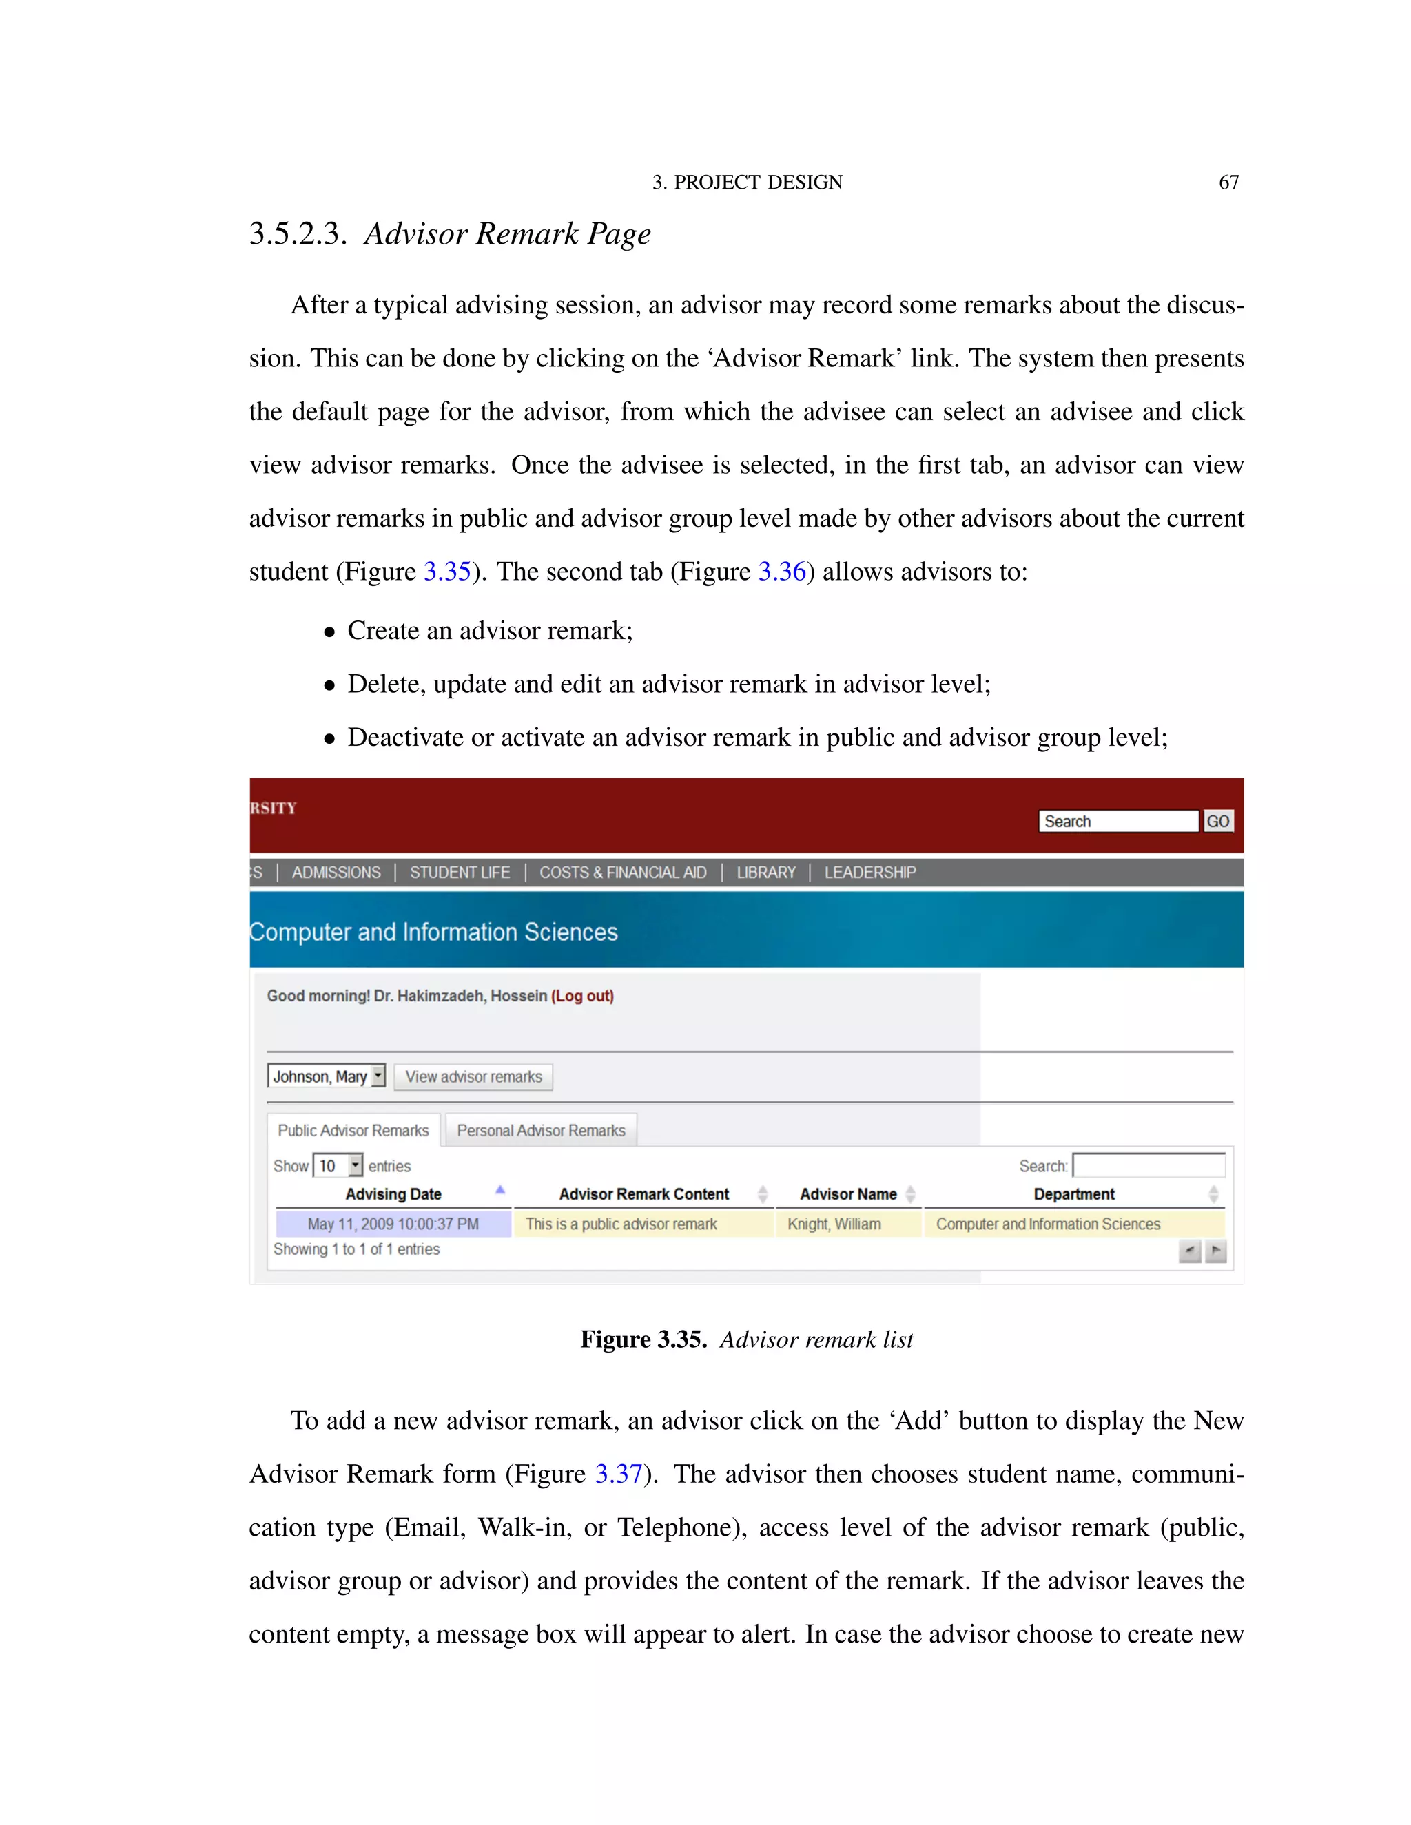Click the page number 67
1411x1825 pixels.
pyautogui.click(x=1228, y=182)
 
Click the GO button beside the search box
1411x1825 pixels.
pyautogui.click(x=1217, y=822)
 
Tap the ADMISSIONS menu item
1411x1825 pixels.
pyautogui.click(x=336, y=873)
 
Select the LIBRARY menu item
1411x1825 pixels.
pyautogui.click(x=765, y=873)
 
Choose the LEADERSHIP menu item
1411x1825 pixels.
pyautogui.click(x=869, y=873)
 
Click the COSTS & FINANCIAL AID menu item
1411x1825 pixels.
pyautogui.click(x=623, y=873)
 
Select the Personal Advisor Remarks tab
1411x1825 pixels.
pyautogui.click(x=541, y=1131)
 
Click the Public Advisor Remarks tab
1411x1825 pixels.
pyautogui.click(x=353, y=1131)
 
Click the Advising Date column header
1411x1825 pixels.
pyautogui.click(x=393, y=1194)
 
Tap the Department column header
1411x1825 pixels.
pyautogui.click(x=1073, y=1194)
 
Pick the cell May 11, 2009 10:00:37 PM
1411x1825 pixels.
pyautogui.click(x=393, y=1224)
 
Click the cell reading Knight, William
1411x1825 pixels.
pyautogui.click(x=834, y=1224)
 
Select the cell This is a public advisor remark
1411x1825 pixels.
pyautogui.click(x=621, y=1224)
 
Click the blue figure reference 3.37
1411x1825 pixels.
pyautogui.click(x=618, y=1474)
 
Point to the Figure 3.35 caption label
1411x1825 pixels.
pyautogui.click(x=643, y=1339)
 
